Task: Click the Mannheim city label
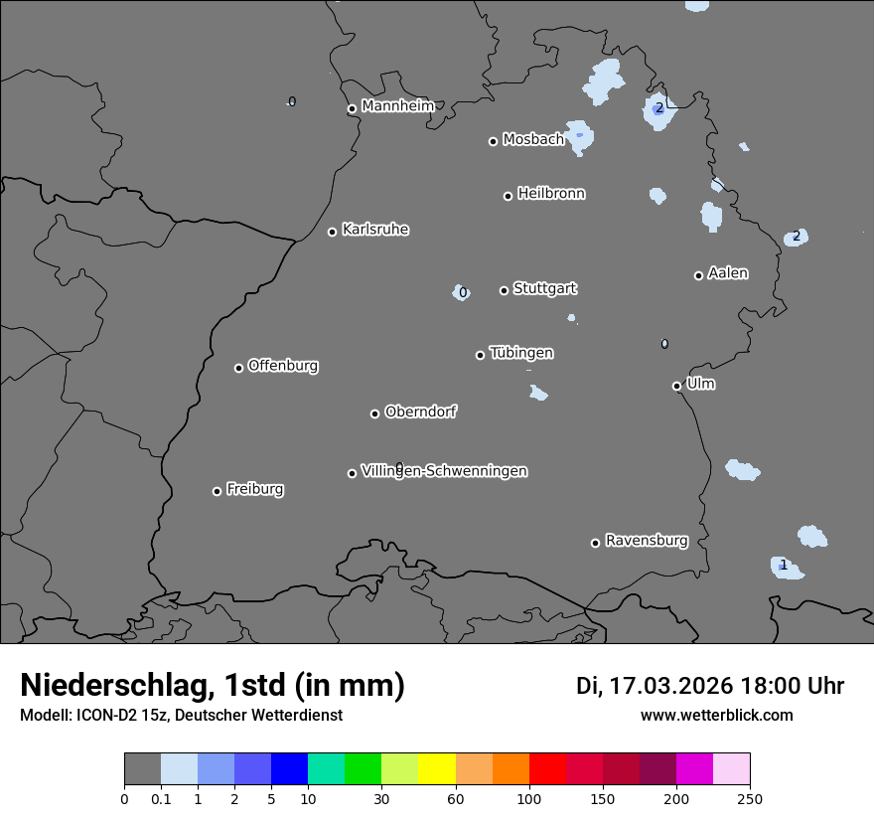point(398,106)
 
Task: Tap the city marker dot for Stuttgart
point(504,290)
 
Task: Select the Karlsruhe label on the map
point(375,230)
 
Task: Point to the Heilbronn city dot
point(508,196)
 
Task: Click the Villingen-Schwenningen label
point(444,471)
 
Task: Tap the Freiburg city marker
point(217,491)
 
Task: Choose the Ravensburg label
point(647,541)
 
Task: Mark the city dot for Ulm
point(676,386)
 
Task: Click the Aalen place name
point(728,273)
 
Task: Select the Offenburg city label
point(283,366)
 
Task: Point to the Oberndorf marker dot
point(374,413)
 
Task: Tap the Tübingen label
point(521,353)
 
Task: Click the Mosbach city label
point(533,140)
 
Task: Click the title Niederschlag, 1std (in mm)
point(213,686)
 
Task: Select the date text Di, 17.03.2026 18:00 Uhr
point(710,686)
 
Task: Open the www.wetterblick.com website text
point(716,716)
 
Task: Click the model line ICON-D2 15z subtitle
point(181,716)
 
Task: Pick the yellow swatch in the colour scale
point(436,769)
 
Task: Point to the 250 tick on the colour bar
point(750,798)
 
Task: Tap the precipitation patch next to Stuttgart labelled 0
point(461,292)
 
